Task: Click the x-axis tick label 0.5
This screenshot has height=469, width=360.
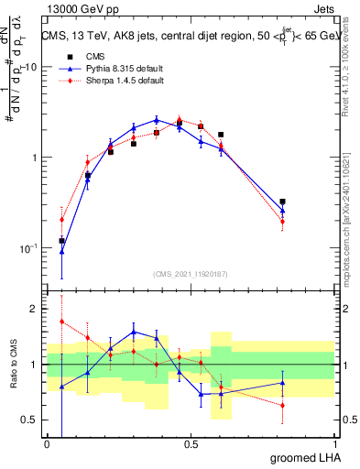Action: (191, 445)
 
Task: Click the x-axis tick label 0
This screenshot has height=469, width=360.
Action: (47, 445)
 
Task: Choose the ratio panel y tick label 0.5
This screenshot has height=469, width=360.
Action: (29, 420)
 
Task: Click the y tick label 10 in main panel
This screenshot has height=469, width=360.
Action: (30, 68)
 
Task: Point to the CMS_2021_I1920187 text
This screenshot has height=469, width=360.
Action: (191, 274)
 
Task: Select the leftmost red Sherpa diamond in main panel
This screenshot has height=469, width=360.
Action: (61, 220)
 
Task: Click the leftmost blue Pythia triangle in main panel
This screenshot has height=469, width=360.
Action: (61, 251)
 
